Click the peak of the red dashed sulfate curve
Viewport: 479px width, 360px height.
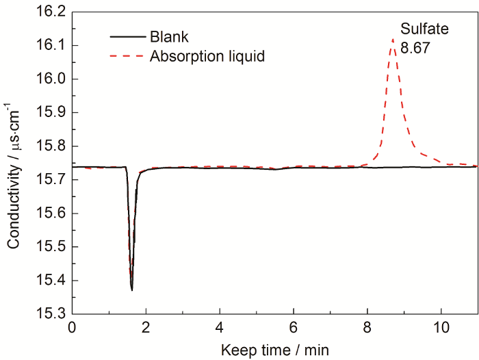(x=393, y=39)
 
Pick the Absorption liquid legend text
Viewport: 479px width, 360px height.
(x=207, y=56)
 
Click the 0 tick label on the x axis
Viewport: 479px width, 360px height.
(x=73, y=328)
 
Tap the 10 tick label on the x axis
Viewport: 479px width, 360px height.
(x=441, y=328)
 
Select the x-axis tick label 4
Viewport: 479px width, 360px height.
(x=220, y=328)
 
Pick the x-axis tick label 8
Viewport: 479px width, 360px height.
(x=367, y=328)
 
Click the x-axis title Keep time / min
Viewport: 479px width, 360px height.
(x=274, y=350)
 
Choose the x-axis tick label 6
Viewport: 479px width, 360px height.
(x=294, y=328)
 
